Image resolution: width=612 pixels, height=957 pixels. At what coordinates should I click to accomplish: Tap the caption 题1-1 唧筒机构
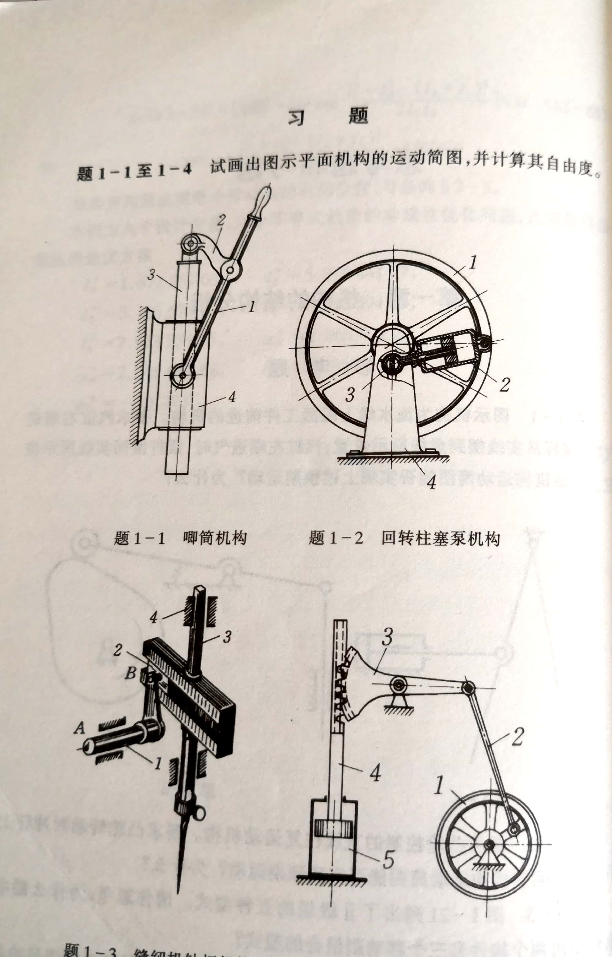click(180, 539)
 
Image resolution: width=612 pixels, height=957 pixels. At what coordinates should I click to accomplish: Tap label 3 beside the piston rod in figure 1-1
click(151, 274)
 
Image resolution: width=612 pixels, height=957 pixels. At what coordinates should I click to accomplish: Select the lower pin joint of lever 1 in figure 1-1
click(182, 375)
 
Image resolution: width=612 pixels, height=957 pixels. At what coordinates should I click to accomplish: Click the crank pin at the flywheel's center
click(391, 363)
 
